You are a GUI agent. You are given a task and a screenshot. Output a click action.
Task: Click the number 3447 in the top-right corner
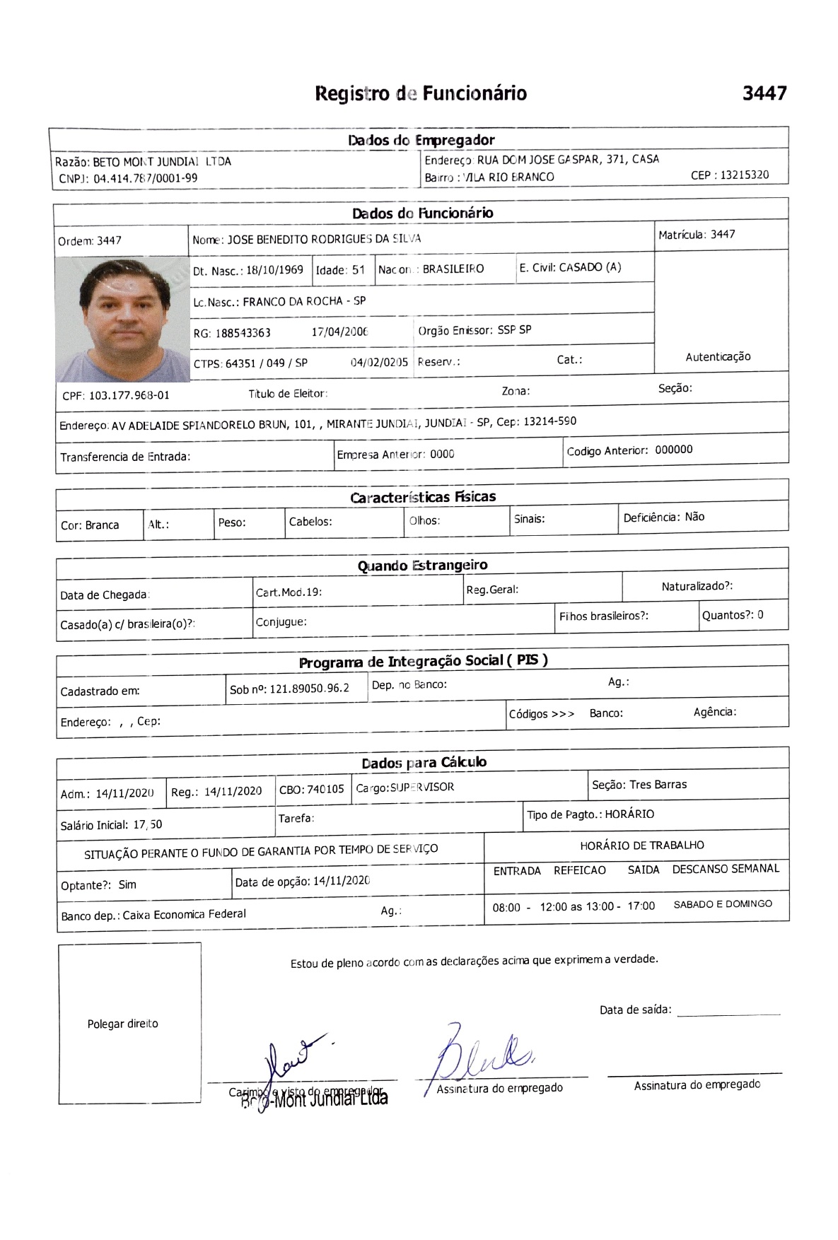[764, 93]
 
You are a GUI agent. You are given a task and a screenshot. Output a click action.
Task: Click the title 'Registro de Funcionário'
[421, 93]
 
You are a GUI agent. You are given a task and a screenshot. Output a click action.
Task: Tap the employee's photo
[122, 320]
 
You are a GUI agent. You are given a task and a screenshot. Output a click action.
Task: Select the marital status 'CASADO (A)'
[590, 267]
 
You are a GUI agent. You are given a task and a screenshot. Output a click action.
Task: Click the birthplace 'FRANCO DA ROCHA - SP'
[304, 301]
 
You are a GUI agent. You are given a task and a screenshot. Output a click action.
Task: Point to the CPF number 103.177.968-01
[129, 395]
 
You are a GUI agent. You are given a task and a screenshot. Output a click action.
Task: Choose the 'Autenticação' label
[718, 357]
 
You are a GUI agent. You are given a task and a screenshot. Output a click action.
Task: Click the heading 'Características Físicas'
[423, 497]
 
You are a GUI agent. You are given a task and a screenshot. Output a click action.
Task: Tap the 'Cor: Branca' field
[90, 525]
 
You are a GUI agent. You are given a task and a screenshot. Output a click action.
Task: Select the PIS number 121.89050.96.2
[309, 689]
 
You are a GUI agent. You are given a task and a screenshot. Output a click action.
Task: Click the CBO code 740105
[325, 789]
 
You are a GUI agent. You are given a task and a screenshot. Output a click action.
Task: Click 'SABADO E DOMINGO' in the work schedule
[723, 904]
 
